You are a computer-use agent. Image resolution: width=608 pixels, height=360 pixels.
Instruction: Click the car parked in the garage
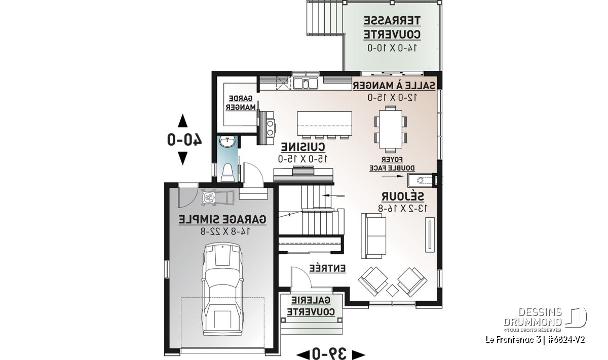tap(222, 290)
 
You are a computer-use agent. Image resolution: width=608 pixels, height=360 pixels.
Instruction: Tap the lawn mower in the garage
tap(218, 197)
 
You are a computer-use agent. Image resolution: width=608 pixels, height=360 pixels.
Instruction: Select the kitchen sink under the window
tap(306, 83)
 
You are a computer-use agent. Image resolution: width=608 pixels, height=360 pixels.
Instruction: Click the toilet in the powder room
tap(227, 172)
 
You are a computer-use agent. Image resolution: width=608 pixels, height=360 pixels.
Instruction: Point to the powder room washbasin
tap(227, 142)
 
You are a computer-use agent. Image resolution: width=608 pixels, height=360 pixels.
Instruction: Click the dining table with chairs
tap(391, 129)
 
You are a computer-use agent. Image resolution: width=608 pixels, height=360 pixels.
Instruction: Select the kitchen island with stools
tap(324, 125)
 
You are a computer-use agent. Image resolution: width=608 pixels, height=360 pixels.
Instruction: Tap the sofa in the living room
tap(373, 236)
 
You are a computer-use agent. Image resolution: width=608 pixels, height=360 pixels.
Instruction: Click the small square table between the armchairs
tap(392, 291)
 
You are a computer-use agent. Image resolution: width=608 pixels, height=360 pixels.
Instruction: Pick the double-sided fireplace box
tap(421, 180)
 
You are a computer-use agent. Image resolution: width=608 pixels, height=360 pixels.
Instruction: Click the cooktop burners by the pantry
tap(270, 128)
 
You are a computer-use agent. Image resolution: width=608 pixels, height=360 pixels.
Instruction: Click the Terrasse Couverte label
tap(392, 28)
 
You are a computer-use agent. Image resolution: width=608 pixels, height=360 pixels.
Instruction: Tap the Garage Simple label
tap(222, 220)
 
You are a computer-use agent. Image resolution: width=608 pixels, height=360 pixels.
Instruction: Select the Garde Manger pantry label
tap(241, 103)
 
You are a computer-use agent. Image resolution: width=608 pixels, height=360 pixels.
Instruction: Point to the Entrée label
tap(327, 268)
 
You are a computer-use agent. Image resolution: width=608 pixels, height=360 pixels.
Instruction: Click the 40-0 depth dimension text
tap(184, 140)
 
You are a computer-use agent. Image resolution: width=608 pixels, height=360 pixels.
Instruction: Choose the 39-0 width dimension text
tap(329, 353)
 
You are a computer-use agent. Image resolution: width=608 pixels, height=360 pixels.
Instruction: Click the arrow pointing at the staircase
tap(333, 195)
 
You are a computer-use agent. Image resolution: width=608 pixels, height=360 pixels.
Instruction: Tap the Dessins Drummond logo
tap(545, 319)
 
